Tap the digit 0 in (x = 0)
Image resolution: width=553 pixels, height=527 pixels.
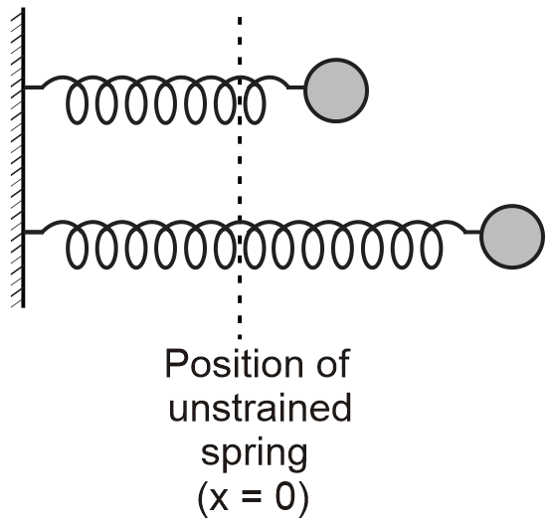click(292, 498)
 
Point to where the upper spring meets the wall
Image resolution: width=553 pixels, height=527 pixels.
click(27, 88)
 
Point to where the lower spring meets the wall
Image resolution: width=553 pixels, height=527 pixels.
click(27, 232)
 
